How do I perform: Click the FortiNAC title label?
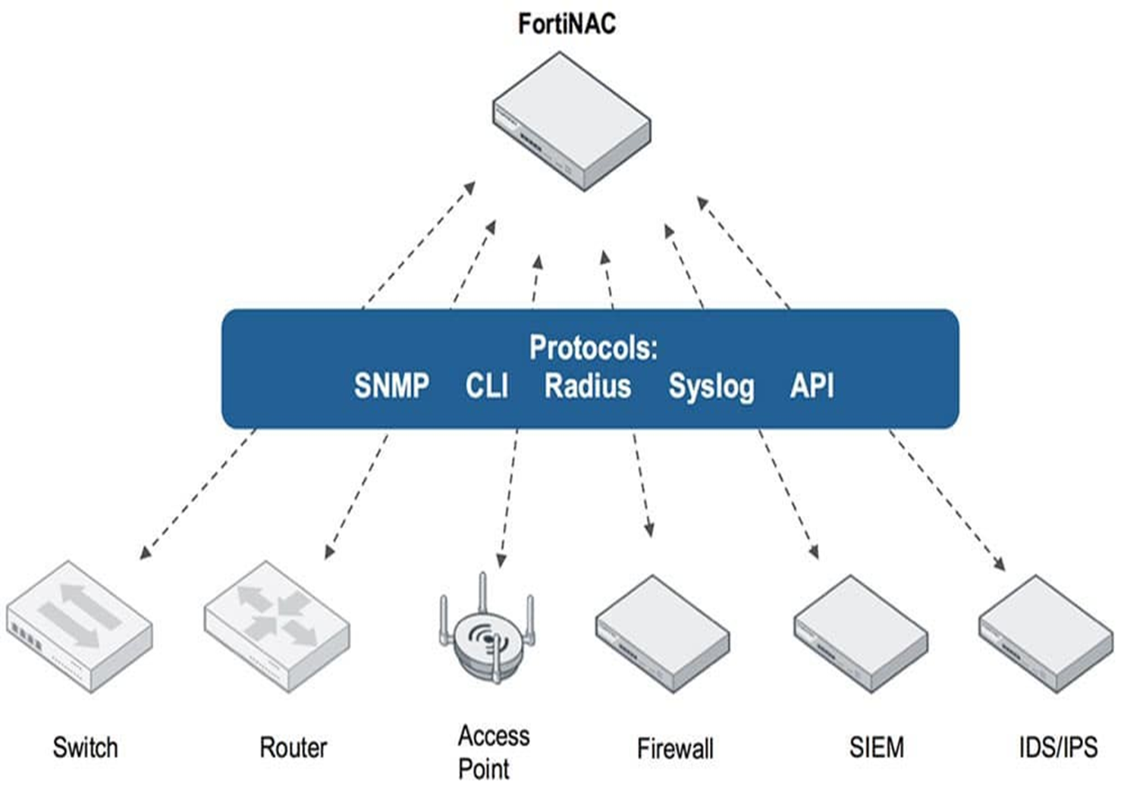567,23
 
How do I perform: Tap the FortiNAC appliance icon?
572,121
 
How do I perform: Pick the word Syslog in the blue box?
711,387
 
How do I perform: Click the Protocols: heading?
593,347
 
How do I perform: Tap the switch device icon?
80,627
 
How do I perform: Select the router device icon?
277,627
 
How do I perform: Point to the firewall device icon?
662,634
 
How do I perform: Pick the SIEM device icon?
861,634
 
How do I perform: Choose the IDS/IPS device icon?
1046,634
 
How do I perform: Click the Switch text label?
85,747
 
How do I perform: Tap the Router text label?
293,747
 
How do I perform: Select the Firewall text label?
675,748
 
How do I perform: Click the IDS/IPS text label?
1058,747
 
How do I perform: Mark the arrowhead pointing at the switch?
145,553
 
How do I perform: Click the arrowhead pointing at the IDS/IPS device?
1000,564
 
